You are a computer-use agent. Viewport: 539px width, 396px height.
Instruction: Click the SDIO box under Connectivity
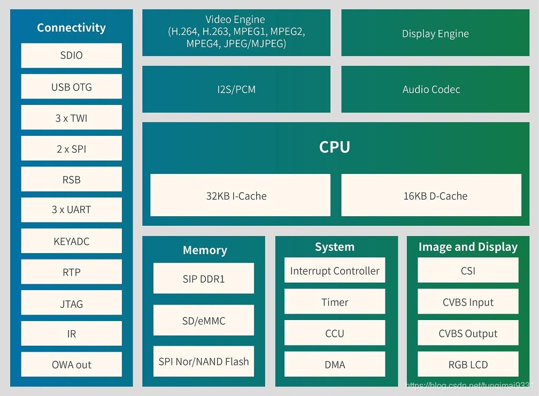(x=71, y=56)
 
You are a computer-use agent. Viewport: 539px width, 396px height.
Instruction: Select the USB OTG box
(x=71, y=87)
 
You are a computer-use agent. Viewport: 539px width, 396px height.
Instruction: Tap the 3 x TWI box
(x=71, y=118)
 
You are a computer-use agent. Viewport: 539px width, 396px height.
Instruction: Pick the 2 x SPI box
(x=71, y=149)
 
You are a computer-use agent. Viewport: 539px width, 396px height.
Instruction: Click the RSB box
(x=71, y=180)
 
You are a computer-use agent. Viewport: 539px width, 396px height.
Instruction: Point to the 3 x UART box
(x=71, y=210)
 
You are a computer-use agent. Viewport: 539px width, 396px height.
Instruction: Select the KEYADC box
(x=71, y=241)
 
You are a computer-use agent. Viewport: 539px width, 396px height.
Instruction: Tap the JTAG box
(x=71, y=303)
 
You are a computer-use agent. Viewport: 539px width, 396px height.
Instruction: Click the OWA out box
(x=71, y=364)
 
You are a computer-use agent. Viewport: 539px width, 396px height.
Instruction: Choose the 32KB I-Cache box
(x=240, y=195)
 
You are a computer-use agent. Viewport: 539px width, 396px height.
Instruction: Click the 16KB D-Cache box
(x=431, y=195)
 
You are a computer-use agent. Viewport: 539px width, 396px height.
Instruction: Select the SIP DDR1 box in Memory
(x=203, y=278)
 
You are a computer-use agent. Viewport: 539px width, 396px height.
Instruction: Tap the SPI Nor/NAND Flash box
(x=203, y=362)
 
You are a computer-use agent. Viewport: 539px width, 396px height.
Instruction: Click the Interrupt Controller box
(x=335, y=271)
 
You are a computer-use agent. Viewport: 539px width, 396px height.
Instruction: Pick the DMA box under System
(x=335, y=364)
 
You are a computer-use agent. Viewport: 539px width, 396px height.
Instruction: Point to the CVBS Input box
(x=468, y=302)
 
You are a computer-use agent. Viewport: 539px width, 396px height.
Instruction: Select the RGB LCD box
(x=468, y=364)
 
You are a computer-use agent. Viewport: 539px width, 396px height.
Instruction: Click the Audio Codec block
(x=431, y=89)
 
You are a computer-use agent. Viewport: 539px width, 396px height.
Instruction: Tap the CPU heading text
(x=335, y=147)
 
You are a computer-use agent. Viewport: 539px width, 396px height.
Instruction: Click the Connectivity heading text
(x=71, y=28)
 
